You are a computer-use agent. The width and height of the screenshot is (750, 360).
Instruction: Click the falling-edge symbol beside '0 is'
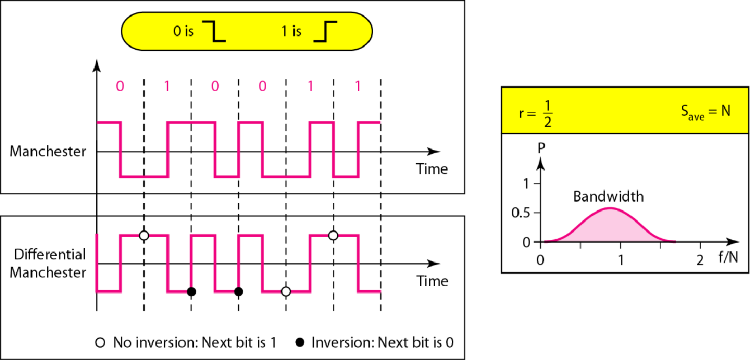(x=216, y=31)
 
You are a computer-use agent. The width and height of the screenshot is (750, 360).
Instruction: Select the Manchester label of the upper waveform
(x=48, y=151)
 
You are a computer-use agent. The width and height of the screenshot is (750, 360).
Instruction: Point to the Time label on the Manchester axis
(x=432, y=168)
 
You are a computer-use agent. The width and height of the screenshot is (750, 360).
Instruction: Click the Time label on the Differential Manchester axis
(x=432, y=280)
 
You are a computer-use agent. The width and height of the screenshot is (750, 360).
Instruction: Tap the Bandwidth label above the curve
(x=609, y=196)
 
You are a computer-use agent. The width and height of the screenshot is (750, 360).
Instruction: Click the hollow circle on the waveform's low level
(x=286, y=291)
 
